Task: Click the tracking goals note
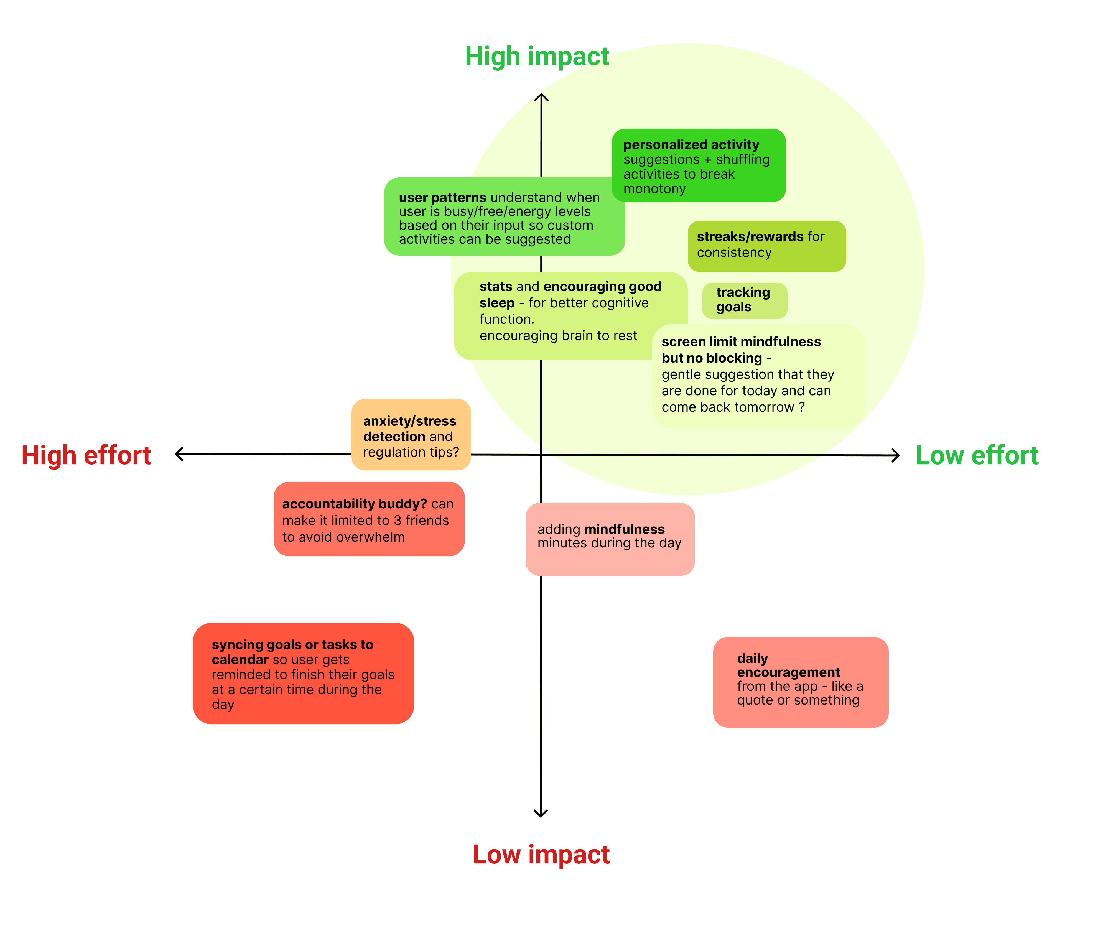(x=744, y=300)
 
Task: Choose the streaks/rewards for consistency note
(x=766, y=246)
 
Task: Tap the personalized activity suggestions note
(x=698, y=165)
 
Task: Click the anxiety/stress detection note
(x=411, y=435)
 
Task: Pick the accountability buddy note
(x=369, y=519)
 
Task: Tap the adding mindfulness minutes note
(x=610, y=539)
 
